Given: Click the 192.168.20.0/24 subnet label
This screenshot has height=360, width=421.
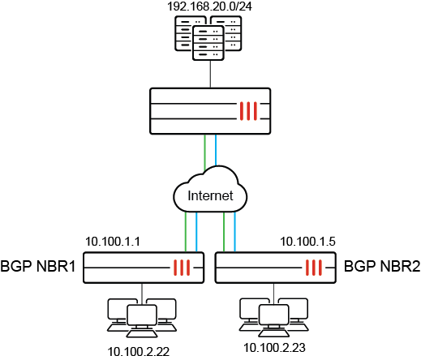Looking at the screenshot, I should tap(210, 7).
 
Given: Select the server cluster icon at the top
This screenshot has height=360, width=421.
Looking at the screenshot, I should tap(210, 40).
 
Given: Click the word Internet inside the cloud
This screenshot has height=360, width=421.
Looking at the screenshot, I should tap(210, 196).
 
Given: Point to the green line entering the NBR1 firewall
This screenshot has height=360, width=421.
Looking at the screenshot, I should tap(186, 231).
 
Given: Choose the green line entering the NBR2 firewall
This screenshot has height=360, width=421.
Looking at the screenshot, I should tap(225, 231).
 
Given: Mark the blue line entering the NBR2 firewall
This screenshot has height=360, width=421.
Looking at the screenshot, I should tap(235, 231).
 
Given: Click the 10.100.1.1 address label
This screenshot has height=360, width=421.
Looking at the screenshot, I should tap(114, 242).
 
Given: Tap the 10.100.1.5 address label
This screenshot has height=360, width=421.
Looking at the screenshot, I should tap(307, 242).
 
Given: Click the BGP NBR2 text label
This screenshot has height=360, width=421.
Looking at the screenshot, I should tap(381, 266).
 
